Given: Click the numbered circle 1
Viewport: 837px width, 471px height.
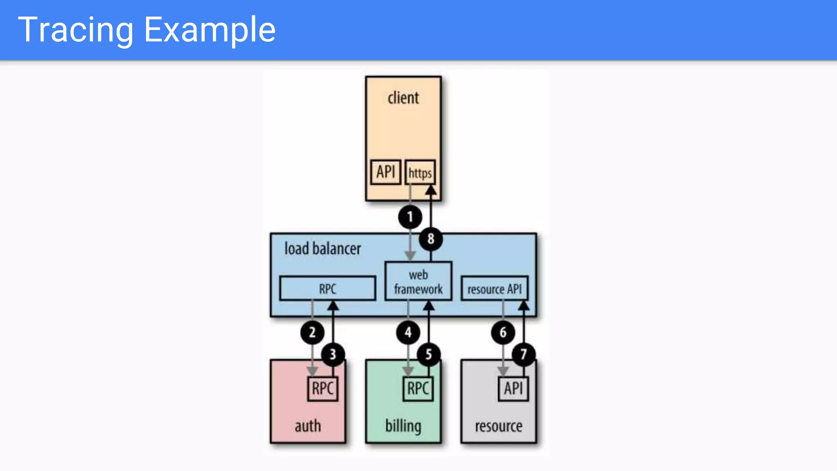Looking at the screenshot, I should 410,217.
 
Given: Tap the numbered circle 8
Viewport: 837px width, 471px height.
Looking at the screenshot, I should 431,239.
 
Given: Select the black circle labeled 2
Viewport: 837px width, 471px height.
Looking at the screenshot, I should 312,332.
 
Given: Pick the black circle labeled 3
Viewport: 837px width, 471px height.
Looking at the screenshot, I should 333,354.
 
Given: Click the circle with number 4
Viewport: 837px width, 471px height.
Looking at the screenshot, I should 408,332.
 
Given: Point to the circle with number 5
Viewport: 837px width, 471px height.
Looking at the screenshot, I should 428,354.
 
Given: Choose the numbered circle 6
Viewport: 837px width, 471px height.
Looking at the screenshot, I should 503,332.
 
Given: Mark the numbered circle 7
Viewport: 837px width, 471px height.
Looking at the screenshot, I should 524,354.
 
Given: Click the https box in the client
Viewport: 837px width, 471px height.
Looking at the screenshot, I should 420,173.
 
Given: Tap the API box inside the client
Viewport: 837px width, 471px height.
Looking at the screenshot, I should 385,172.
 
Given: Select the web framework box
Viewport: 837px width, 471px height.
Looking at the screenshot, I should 418,282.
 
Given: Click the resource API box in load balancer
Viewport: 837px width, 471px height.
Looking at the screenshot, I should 495,289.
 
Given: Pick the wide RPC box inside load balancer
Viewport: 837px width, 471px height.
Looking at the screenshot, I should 327,289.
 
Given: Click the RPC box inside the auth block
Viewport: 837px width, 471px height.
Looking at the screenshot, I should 322,388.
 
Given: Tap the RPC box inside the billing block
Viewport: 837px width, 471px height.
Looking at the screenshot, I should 418,388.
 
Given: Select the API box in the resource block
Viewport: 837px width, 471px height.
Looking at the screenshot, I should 513,388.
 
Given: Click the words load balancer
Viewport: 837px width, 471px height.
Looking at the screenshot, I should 322,249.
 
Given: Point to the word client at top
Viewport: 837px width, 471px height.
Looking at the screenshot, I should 403,98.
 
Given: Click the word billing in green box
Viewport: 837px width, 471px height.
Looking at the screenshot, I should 403,426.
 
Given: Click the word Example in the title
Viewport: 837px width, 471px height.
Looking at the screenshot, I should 210,30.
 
